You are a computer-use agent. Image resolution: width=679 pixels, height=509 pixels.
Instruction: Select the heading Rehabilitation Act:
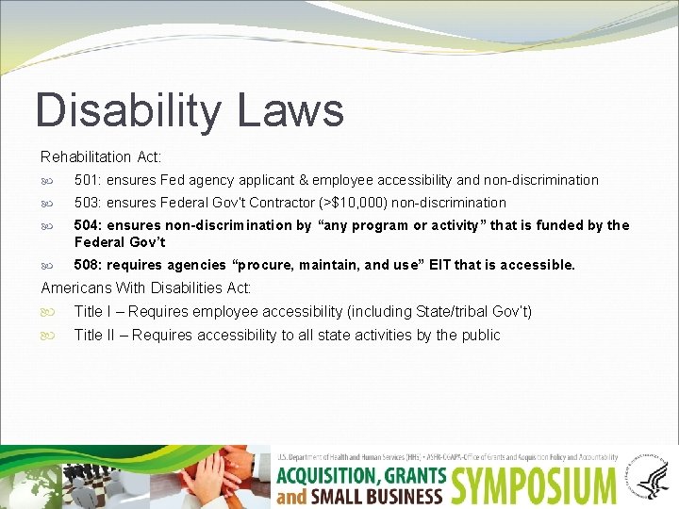coord(101,156)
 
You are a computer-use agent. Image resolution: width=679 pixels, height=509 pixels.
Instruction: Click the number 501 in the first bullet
coord(88,180)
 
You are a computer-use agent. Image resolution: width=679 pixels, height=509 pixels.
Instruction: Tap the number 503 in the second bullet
coord(88,203)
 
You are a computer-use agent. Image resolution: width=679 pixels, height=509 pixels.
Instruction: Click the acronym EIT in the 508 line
coord(439,265)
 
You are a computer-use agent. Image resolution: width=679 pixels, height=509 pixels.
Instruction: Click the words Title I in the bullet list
coord(92,311)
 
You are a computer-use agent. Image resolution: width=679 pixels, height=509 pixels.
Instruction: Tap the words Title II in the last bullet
coord(94,335)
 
